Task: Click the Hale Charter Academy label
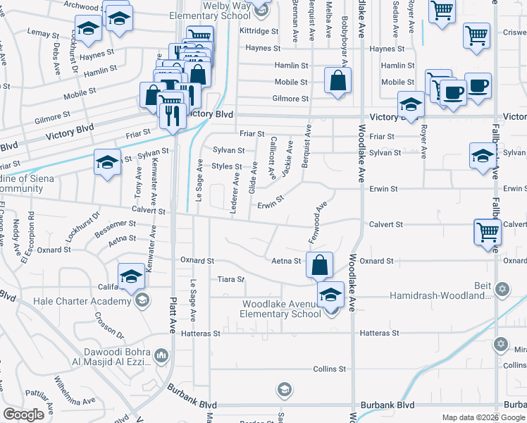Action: click(x=82, y=302)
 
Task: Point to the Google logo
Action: click(x=24, y=414)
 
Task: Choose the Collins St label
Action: click(x=329, y=369)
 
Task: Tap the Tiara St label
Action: click(x=230, y=279)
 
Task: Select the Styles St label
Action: click(x=228, y=167)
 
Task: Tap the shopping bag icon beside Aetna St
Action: click(x=320, y=265)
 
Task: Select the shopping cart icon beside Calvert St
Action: click(x=488, y=232)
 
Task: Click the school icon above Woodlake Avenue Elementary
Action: click(x=330, y=295)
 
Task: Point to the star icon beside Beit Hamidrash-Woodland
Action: click(x=502, y=290)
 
